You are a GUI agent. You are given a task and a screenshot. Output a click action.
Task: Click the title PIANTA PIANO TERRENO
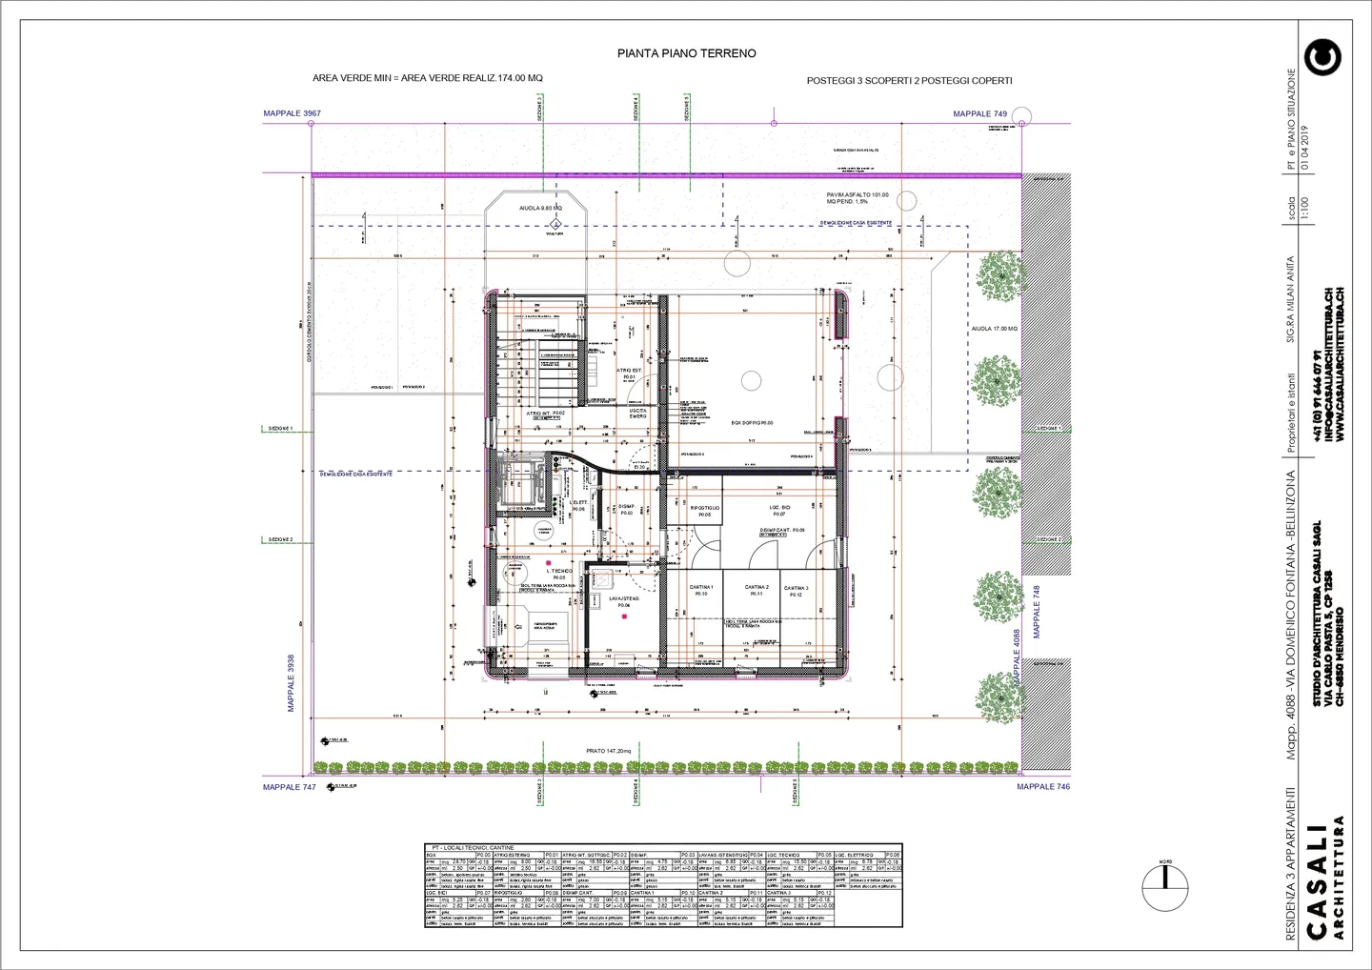click(x=686, y=53)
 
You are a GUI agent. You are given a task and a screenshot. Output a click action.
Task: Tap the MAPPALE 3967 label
click(x=292, y=113)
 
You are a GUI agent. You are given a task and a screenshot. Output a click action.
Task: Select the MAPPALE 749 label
click(x=979, y=114)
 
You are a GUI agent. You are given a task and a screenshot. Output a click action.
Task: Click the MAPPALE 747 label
click(x=289, y=788)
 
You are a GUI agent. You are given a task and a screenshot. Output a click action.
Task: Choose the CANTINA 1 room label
click(x=701, y=588)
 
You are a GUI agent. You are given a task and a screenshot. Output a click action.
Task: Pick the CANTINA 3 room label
click(x=796, y=589)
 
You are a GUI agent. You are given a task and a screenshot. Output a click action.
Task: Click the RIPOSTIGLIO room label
click(x=705, y=509)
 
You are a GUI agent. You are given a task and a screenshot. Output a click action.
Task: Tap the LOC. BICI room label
click(x=779, y=509)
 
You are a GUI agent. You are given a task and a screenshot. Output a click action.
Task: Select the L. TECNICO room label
click(x=557, y=572)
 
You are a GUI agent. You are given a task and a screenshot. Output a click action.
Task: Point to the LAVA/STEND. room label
click(x=624, y=598)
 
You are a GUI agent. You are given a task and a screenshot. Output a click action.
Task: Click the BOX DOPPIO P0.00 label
click(x=752, y=423)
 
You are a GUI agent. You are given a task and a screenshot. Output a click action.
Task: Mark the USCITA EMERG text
click(x=637, y=414)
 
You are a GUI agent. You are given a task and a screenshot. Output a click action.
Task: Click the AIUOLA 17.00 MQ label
click(x=994, y=329)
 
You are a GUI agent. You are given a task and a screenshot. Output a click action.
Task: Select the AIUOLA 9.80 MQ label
click(x=540, y=208)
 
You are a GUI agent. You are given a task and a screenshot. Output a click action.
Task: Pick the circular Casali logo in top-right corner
click(x=1323, y=57)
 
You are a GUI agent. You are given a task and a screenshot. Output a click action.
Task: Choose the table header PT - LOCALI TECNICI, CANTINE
click(x=473, y=847)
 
